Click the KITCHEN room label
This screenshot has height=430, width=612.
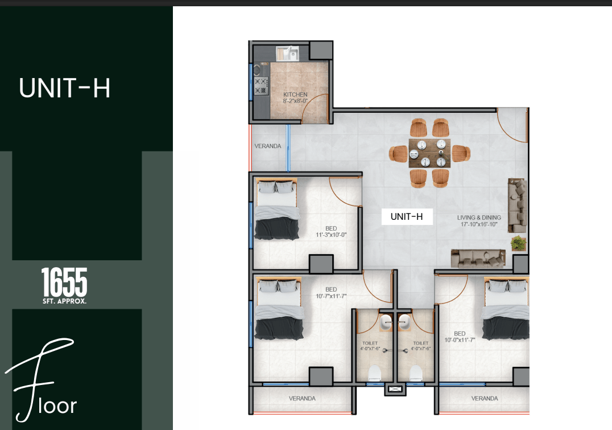pyautogui.click(x=295, y=94)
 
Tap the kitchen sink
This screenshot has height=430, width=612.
pyautogui.click(x=287, y=54)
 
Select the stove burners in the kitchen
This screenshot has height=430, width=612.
pyautogui.click(x=261, y=86)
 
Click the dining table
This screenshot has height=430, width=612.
pyautogui.click(x=429, y=153)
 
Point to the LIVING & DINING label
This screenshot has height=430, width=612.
pyautogui.click(x=479, y=218)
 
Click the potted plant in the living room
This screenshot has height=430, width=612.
pyautogui.click(x=518, y=243)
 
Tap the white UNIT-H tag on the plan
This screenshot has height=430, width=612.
pyautogui.click(x=407, y=216)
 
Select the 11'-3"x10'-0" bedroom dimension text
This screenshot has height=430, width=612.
pyautogui.click(x=331, y=235)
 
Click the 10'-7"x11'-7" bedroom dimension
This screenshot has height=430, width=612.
pyautogui.click(x=331, y=296)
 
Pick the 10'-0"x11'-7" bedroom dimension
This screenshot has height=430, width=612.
pyautogui.click(x=460, y=340)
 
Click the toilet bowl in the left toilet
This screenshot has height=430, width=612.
pyautogui.click(x=374, y=373)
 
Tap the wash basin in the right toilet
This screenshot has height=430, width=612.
pyautogui.click(x=404, y=322)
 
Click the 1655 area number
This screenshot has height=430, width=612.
pyautogui.click(x=64, y=282)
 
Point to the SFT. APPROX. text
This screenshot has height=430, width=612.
pyautogui.click(x=64, y=301)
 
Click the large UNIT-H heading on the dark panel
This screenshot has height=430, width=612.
pyautogui.click(x=65, y=88)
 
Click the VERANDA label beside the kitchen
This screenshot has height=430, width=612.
pyautogui.click(x=268, y=146)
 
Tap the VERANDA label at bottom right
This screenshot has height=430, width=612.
pyautogui.click(x=485, y=398)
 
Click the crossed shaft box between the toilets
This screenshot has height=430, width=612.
pyautogui.click(x=395, y=390)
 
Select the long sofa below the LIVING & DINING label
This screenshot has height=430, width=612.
pyautogui.click(x=478, y=259)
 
